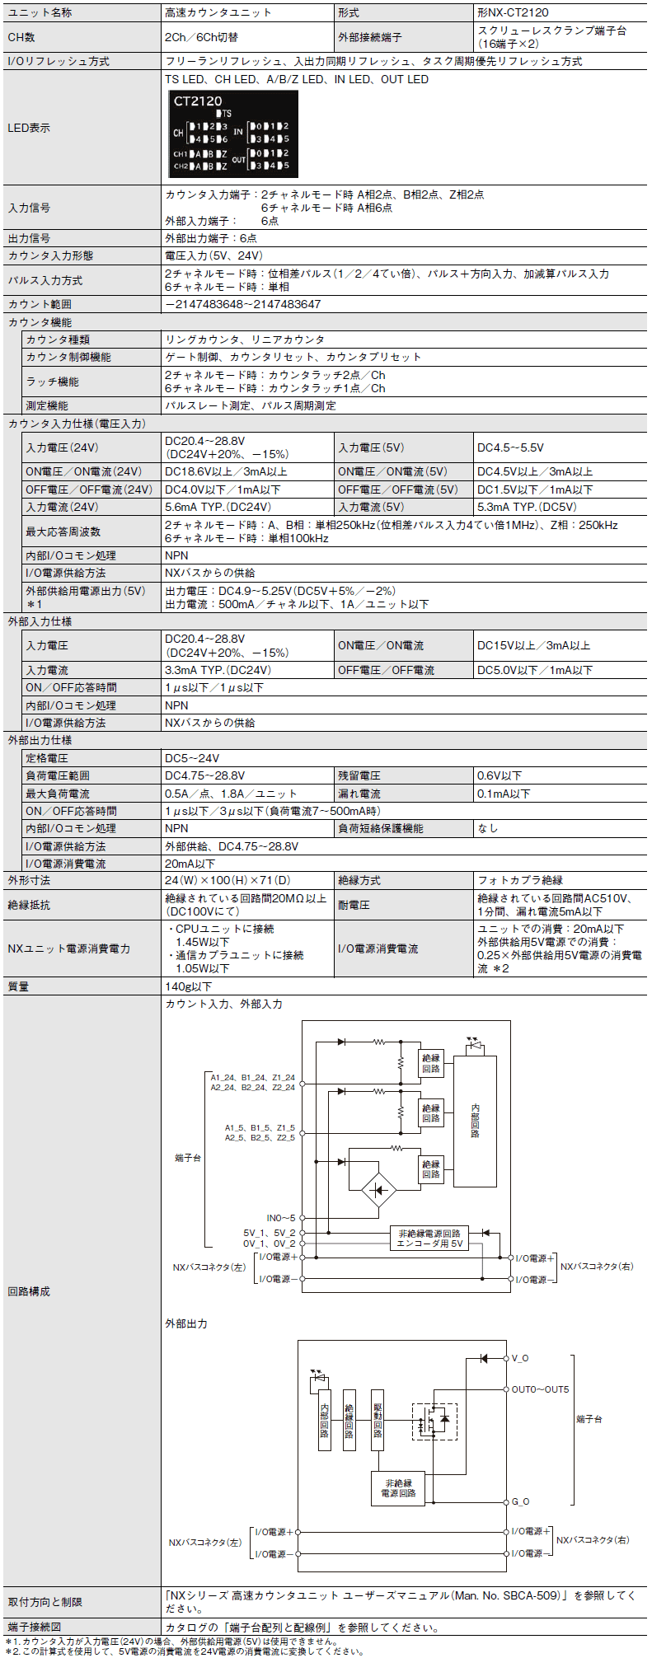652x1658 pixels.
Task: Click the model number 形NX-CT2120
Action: click(x=513, y=12)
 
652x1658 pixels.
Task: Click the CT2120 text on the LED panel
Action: click(x=198, y=101)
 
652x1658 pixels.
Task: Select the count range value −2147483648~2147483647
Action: click(x=242, y=304)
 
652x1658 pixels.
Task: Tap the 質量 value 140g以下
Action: click(x=189, y=986)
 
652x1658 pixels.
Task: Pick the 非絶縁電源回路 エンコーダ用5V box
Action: click(x=429, y=1239)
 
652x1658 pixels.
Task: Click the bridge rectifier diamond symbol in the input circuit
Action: click(x=379, y=1190)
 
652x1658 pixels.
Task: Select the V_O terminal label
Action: click(x=520, y=1358)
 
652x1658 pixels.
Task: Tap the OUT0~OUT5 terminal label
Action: click(x=540, y=1389)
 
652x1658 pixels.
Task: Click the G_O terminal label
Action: click(x=520, y=1501)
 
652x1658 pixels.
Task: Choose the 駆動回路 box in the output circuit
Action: click(x=378, y=1420)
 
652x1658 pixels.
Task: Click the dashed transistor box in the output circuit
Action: click(x=434, y=1421)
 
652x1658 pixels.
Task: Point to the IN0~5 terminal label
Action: click(x=280, y=1218)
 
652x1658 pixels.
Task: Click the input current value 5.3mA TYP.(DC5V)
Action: click(x=527, y=507)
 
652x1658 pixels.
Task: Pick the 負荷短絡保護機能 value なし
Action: click(x=488, y=828)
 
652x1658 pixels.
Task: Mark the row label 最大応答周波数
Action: click(x=63, y=532)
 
